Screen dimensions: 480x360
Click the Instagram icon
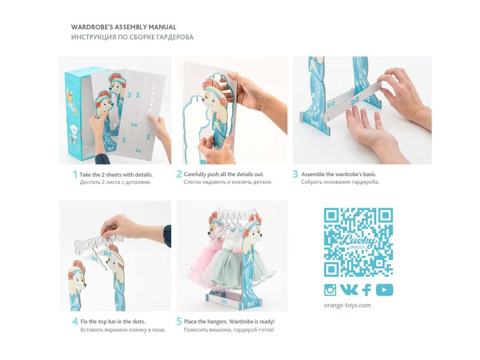click(330, 290)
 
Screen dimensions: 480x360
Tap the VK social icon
click(349, 290)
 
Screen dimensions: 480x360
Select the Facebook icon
click(367, 290)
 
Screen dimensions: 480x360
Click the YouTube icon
click(384, 290)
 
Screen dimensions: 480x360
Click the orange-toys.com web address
click(347, 305)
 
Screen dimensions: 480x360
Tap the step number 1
click(75, 174)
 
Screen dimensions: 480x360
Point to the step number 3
click(295, 174)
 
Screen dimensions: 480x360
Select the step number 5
click(180, 322)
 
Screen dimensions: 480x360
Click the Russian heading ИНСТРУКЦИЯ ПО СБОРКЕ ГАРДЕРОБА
click(132, 37)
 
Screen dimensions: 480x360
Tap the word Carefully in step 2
click(195, 174)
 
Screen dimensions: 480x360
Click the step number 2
click(179, 174)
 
